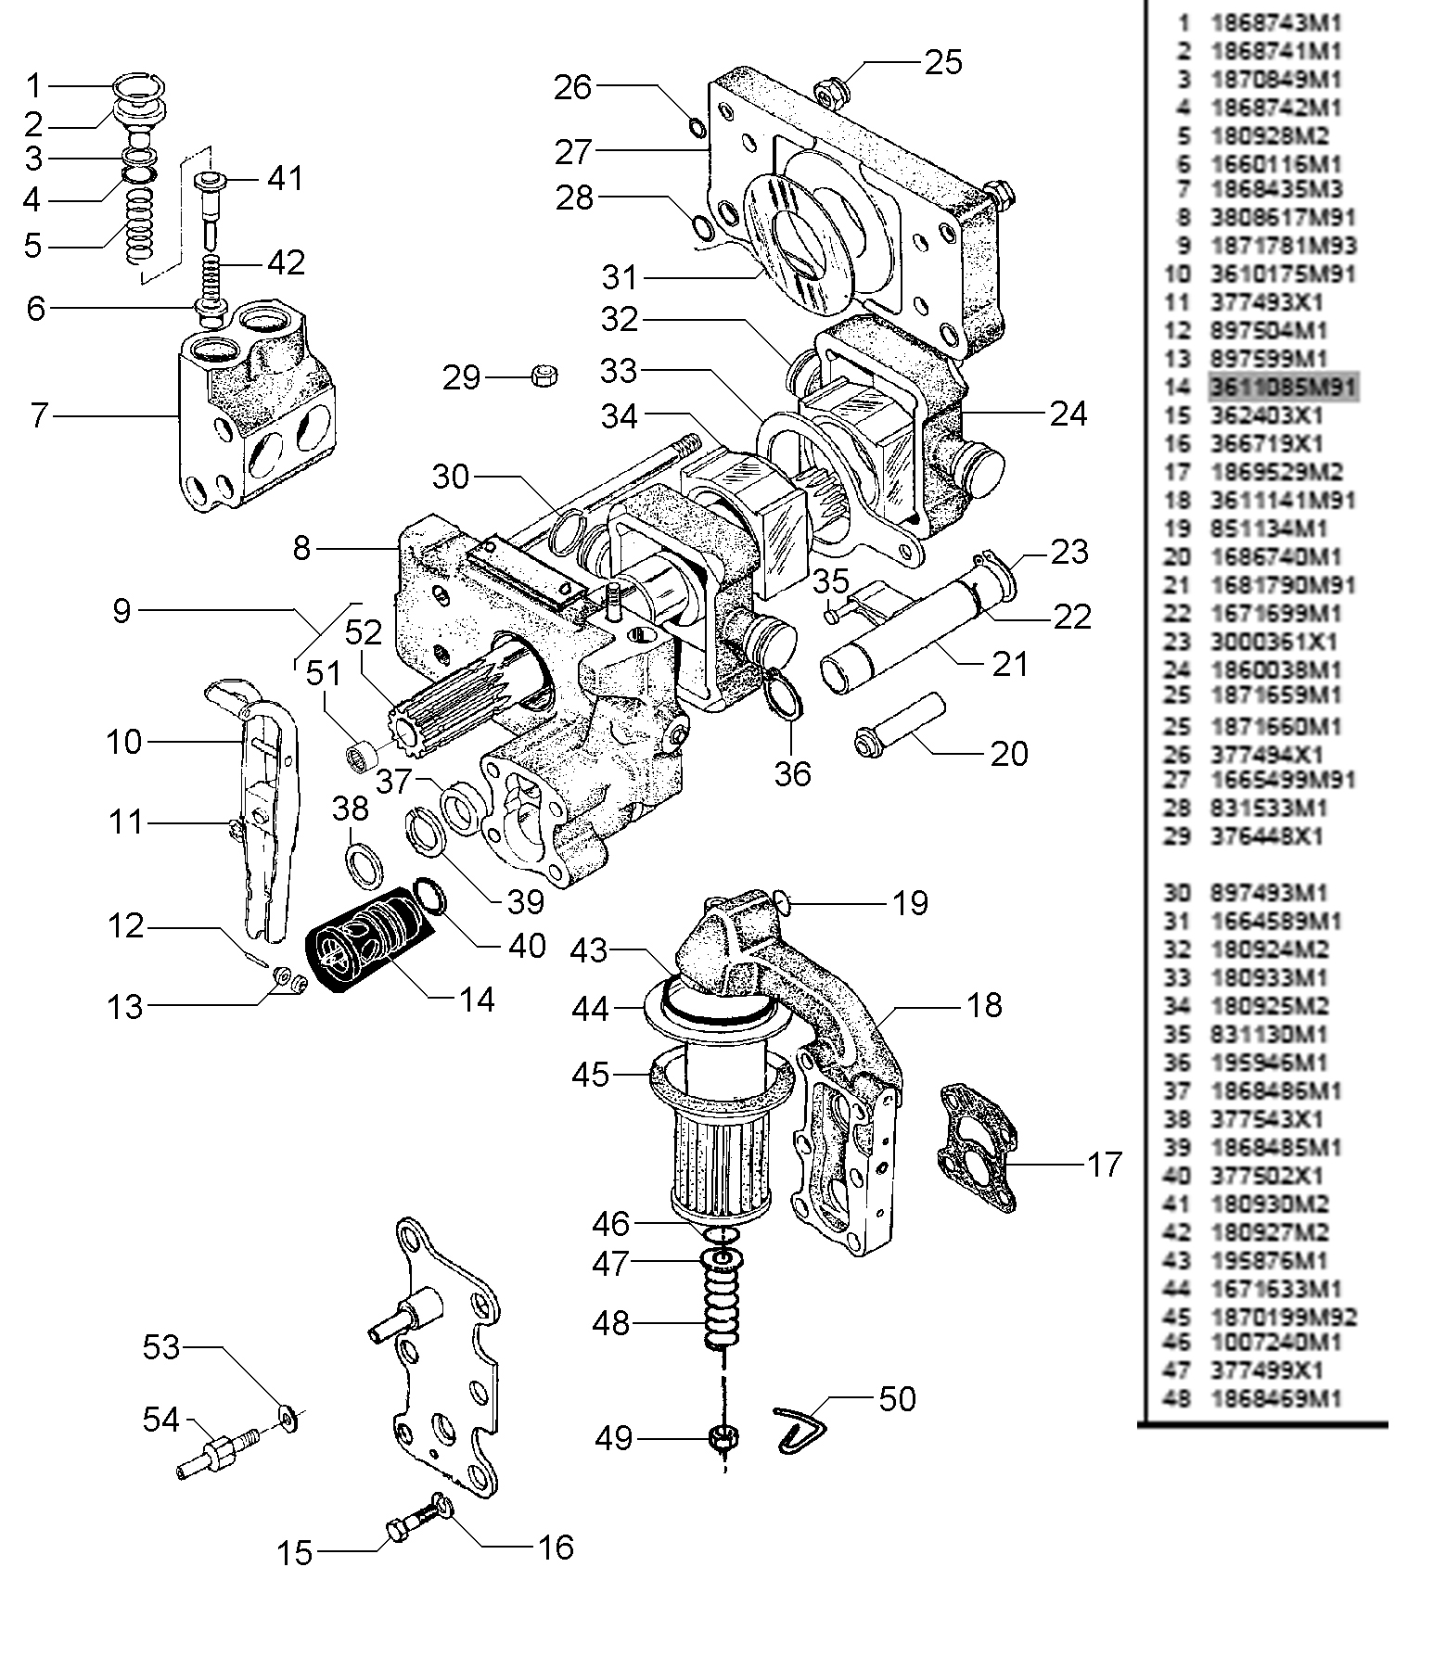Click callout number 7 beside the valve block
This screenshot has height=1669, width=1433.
(x=38, y=415)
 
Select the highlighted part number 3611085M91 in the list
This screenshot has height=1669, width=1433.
(x=1283, y=386)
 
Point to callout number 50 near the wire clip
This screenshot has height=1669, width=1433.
(x=897, y=1398)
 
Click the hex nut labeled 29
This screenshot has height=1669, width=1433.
(x=542, y=376)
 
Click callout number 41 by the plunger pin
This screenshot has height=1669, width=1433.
(x=285, y=177)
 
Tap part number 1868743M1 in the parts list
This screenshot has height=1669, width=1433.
(x=1276, y=22)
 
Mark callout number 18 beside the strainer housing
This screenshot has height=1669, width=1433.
(x=984, y=1004)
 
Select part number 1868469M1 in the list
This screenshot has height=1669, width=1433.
(x=1276, y=1398)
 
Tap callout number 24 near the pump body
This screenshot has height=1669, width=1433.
(x=1068, y=414)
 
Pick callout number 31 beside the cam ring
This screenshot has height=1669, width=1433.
(x=620, y=276)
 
